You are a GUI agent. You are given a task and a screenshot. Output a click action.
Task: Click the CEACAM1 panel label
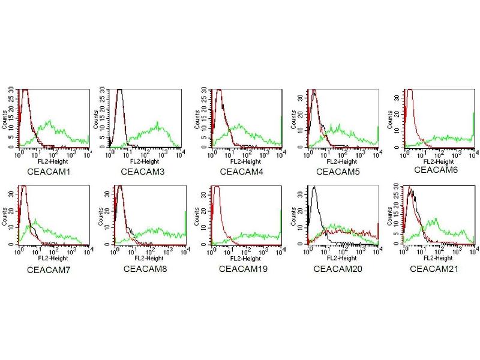[49, 172]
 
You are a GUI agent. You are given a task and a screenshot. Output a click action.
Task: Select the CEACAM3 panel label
[145, 172]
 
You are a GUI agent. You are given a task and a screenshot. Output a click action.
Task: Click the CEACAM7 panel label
[49, 270]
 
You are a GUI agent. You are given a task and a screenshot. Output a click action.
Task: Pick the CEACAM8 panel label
[145, 268]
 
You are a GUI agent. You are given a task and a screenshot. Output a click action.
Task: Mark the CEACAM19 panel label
[243, 268]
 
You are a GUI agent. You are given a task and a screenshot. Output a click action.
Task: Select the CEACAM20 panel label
[338, 268]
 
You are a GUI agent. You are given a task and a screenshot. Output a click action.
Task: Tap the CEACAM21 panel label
[434, 268]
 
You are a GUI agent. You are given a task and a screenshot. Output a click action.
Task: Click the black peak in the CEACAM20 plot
[314, 188]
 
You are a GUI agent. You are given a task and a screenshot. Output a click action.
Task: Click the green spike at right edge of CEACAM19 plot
[281, 225]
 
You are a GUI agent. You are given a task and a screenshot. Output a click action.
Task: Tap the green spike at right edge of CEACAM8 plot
[185, 225]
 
